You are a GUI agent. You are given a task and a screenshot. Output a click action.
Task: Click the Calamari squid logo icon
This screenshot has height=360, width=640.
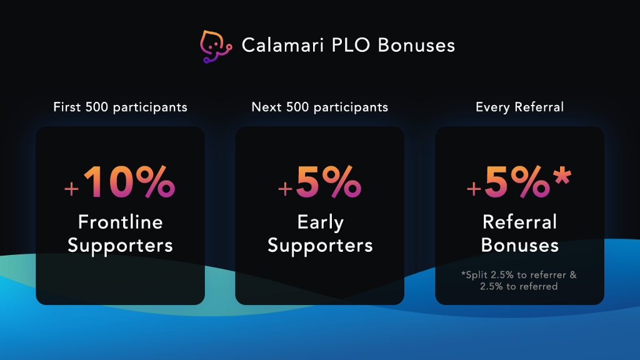(x=216, y=46)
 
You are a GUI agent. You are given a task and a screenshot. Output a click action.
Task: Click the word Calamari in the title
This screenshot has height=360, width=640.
(x=282, y=45)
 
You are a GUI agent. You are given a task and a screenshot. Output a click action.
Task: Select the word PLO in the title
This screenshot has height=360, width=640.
(x=351, y=45)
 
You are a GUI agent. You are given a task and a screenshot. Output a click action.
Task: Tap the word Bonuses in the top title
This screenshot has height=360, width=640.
(x=416, y=45)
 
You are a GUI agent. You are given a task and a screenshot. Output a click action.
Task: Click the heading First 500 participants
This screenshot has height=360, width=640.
(x=120, y=107)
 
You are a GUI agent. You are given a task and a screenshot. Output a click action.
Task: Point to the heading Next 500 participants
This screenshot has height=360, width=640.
(x=319, y=107)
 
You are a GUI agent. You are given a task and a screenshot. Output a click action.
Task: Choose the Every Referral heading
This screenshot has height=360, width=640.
(x=519, y=107)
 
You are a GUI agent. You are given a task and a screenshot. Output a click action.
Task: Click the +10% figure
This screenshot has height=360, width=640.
(x=120, y=182)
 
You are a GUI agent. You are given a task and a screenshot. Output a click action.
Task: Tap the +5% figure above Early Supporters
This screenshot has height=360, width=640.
(x=319, y=182)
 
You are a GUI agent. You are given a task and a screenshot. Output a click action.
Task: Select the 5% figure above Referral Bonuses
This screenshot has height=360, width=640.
(x=517, y=182)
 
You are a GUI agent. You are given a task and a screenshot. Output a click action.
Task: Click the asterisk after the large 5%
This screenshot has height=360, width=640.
(x=562, y=176)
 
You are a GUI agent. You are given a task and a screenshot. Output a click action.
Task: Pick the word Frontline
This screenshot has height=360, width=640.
(x=121, y=222)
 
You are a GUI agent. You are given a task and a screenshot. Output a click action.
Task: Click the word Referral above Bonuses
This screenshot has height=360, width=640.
(x=519, y=222)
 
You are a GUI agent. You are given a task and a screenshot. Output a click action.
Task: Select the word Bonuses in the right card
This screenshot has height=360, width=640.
(x=519, y=245)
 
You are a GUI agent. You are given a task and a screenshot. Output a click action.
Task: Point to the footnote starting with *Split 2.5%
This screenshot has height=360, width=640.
(x=519, y=281)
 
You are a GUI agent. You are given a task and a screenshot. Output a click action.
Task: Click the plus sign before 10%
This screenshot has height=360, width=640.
(x=71, y=189)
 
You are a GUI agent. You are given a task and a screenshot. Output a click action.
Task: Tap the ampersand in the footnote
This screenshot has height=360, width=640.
(x=573, y=275)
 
